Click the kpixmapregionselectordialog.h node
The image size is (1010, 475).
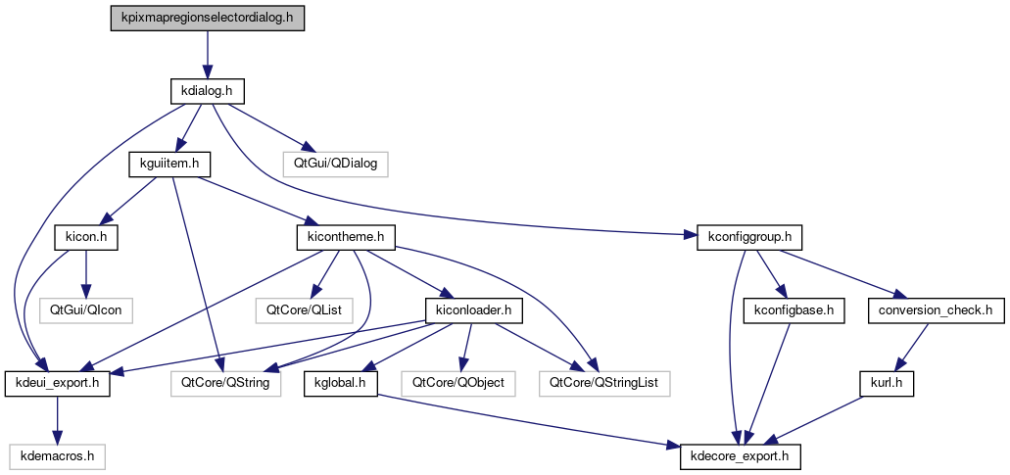207,19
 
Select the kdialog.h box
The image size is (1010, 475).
206,91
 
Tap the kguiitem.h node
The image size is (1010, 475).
164,164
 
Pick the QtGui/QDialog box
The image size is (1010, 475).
335,164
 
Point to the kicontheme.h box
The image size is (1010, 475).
344,237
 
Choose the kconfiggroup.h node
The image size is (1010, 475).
750,237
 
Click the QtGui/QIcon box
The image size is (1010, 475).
85,310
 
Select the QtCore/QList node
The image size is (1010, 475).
312,310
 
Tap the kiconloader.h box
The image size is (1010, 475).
475,310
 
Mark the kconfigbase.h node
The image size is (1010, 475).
794,310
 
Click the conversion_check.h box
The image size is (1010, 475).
937,310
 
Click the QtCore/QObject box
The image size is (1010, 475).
458,383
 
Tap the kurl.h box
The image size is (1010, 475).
888,383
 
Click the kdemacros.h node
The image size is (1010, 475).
58,455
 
